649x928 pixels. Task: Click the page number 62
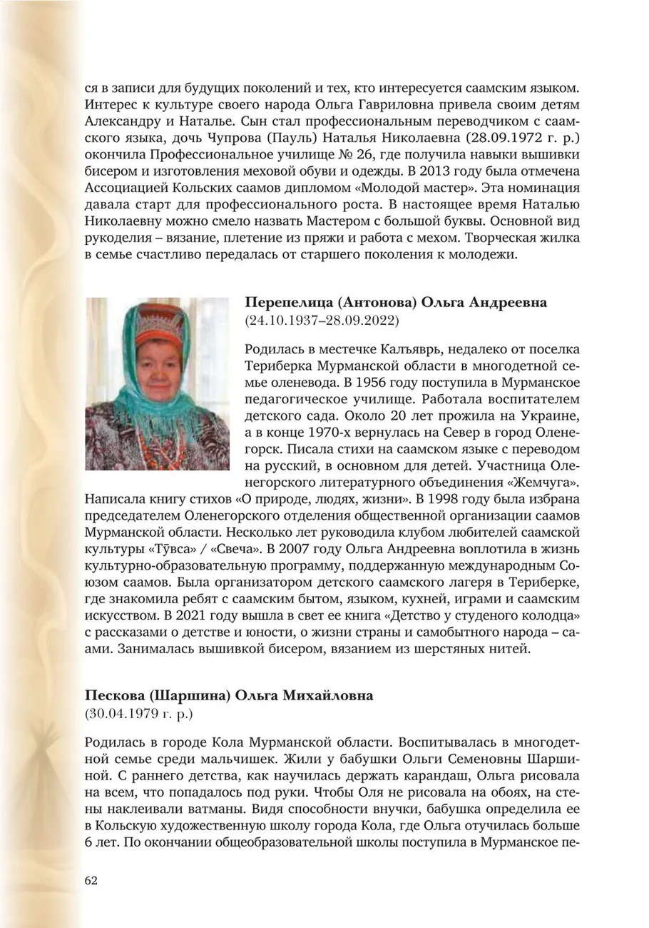pos(91,880)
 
